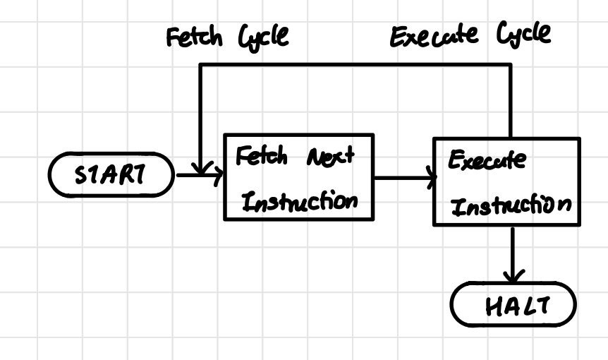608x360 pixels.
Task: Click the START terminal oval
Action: click(x=110, y=174)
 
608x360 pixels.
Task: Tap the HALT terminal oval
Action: click(x=513, y=306)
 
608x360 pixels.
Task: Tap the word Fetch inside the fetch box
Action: click(x=261, y=157)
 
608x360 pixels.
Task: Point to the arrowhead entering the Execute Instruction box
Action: click(x=430, y=177)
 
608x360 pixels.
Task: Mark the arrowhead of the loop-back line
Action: click(x=201, y=170)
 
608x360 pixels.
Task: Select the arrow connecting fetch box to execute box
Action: click(x=402, y=177)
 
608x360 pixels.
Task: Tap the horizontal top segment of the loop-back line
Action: click(x=353, y=65)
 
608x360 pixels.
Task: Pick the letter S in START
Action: click(x=80, y=175)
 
